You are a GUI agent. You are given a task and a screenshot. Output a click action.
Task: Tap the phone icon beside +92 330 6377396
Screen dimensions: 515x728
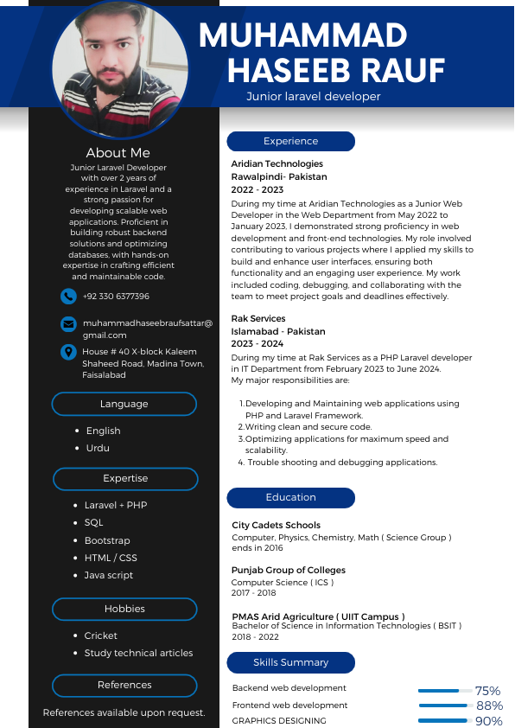click(69, 297)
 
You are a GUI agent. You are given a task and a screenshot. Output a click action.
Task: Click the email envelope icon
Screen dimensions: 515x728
click(69, 324)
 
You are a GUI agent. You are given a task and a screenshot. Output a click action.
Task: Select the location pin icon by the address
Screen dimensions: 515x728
click(69, 352)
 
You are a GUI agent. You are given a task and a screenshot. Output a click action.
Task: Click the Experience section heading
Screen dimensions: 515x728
click(290, 142)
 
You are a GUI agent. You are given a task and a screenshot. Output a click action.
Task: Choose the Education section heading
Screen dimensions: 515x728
click(290, 498)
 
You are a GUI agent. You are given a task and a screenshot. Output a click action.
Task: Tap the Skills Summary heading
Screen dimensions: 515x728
click(290, 662)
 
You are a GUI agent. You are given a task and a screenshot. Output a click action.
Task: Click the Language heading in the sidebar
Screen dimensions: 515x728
click(124, 404)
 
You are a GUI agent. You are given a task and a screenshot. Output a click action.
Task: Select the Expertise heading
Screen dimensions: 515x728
click(125, 478)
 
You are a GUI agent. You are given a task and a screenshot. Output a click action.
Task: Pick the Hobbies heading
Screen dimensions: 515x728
click(124, 609)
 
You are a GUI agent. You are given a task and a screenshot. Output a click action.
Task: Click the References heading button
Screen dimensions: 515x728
click(124, 685)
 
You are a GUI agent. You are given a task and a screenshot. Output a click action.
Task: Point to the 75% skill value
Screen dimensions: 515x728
click(487, 691)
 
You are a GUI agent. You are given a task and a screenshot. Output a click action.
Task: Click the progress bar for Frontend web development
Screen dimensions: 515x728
click(444, 706)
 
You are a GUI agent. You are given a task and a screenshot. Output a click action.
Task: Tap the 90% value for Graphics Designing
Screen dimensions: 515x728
click(488, 721)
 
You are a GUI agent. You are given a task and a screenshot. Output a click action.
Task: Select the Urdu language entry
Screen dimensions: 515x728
click(98, 448)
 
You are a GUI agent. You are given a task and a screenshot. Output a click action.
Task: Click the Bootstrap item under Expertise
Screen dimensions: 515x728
click(107, 540)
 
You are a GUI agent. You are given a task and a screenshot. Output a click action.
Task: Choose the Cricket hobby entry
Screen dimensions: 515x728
click(101, 635)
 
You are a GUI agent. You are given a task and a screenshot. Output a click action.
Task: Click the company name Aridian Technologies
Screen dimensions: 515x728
click(277, 163)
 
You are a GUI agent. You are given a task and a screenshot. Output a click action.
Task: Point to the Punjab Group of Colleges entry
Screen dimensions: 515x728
click(289, 571)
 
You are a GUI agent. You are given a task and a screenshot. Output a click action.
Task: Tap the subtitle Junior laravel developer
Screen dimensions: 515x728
click(313, 97)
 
